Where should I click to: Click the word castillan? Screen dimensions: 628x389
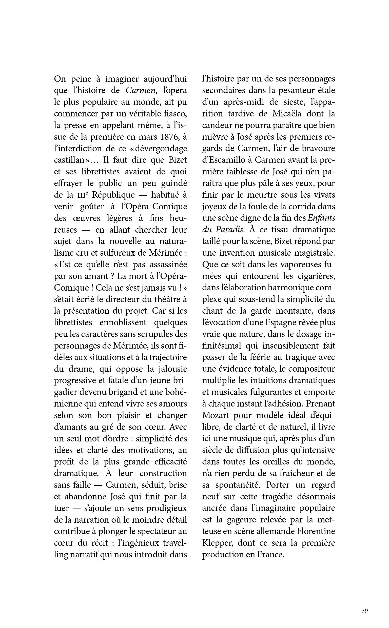69,160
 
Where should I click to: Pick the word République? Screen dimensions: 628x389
113,195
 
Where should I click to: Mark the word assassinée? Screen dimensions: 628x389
165,265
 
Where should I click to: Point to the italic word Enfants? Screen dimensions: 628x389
321,218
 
